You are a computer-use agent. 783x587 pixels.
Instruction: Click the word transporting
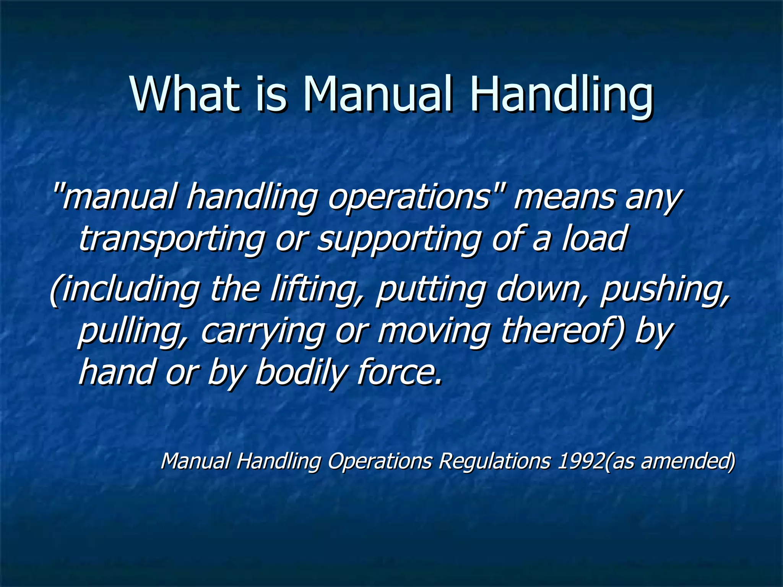172,239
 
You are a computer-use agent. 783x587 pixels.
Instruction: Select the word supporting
399,239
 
